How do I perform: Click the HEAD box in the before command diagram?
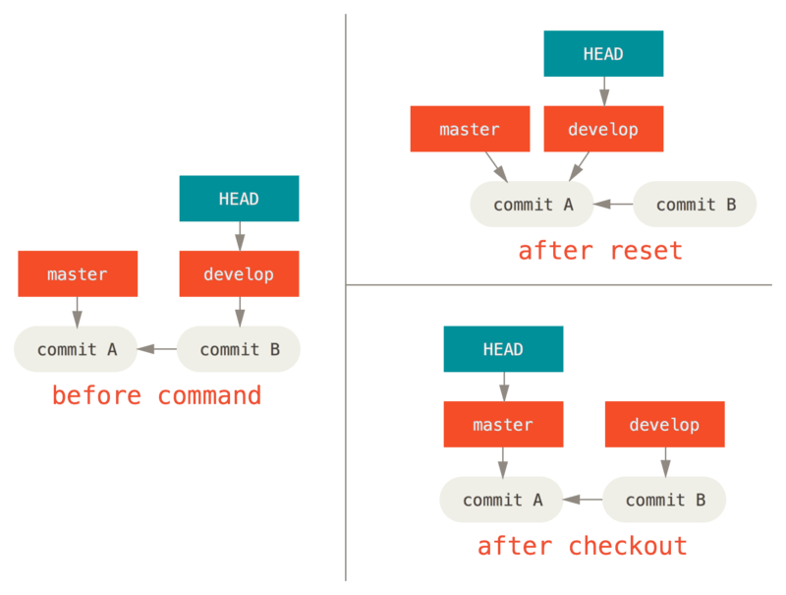pos(239,199)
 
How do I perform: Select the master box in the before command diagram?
pos(78,273)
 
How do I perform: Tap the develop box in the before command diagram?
pos(239,273)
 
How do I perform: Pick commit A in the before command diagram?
pos(77,349)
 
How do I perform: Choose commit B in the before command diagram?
pos(239,349)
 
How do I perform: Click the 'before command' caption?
pos(157,395)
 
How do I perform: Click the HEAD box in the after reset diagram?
pos(603,54)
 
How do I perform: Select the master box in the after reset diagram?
pos(470,129)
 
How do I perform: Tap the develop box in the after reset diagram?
pos(603,129)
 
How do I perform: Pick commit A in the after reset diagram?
pos(533,205)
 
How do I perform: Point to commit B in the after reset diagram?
pos(696,205)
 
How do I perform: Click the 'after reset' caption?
pos(599,251)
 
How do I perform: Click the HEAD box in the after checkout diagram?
pos(503,349)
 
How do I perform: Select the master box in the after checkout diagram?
pos(503,425)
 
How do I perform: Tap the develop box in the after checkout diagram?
pos(664,425)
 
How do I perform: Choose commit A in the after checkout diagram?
pos(502,500)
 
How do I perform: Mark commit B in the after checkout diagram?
pos(664,500)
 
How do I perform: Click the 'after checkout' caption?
pos(582,546)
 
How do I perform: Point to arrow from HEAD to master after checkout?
pos(503,387)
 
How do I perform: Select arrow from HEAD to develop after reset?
pos(603,91)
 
